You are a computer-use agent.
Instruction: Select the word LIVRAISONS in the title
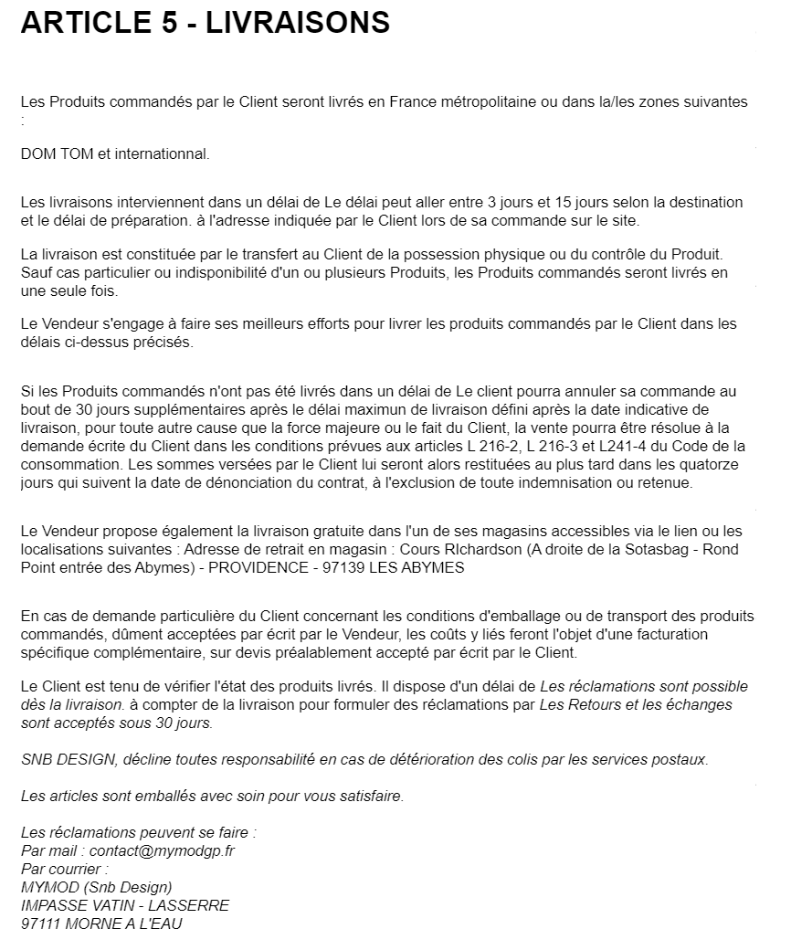tap(298, 23)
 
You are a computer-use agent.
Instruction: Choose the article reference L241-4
tap(649, 446)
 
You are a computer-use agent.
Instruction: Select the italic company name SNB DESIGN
tap(58, 759)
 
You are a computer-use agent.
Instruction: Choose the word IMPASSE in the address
tap(54, 905)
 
